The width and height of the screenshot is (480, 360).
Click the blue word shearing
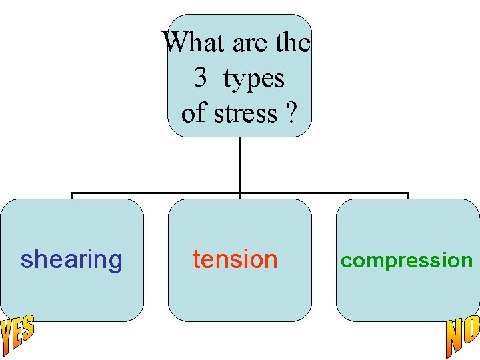click(71, 259)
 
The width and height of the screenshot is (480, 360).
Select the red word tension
click(235, 259)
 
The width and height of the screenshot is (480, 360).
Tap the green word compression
click(407, 260)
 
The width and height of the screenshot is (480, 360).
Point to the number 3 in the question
click(200, 78)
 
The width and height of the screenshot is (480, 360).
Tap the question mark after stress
click(290, 113)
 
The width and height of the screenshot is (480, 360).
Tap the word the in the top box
click(293, 43)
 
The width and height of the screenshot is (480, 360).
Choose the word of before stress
click(193, 113)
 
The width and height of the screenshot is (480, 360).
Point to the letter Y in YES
click(6, 340)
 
